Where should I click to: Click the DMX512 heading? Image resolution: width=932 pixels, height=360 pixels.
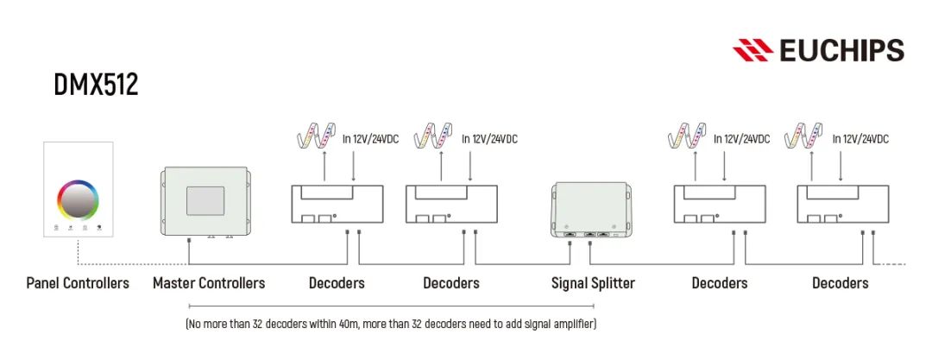coord(96,85)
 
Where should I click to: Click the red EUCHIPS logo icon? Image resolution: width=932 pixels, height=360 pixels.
coord(753,50)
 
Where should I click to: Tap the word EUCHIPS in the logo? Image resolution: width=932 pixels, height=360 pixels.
coord(841,50)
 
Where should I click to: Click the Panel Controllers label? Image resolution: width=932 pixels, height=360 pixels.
coord(78,283)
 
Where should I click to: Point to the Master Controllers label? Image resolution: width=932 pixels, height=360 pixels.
coord(209,283)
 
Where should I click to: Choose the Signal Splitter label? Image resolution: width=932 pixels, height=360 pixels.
coord(593,283)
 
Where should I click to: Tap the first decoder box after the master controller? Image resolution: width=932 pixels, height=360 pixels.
coord(337,207)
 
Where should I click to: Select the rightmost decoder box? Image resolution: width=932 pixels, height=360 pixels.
coord(841,207)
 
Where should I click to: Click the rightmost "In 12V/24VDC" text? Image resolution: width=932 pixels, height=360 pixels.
coord(860,139)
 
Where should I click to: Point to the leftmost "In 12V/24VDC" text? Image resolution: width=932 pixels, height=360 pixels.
coord(370,139)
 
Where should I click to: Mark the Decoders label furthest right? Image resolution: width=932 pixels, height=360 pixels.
coord(840,283)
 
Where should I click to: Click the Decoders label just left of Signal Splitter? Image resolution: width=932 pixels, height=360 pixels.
coord(450,283)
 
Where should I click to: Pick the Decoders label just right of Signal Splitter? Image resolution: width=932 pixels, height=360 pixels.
coord(719,283)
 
